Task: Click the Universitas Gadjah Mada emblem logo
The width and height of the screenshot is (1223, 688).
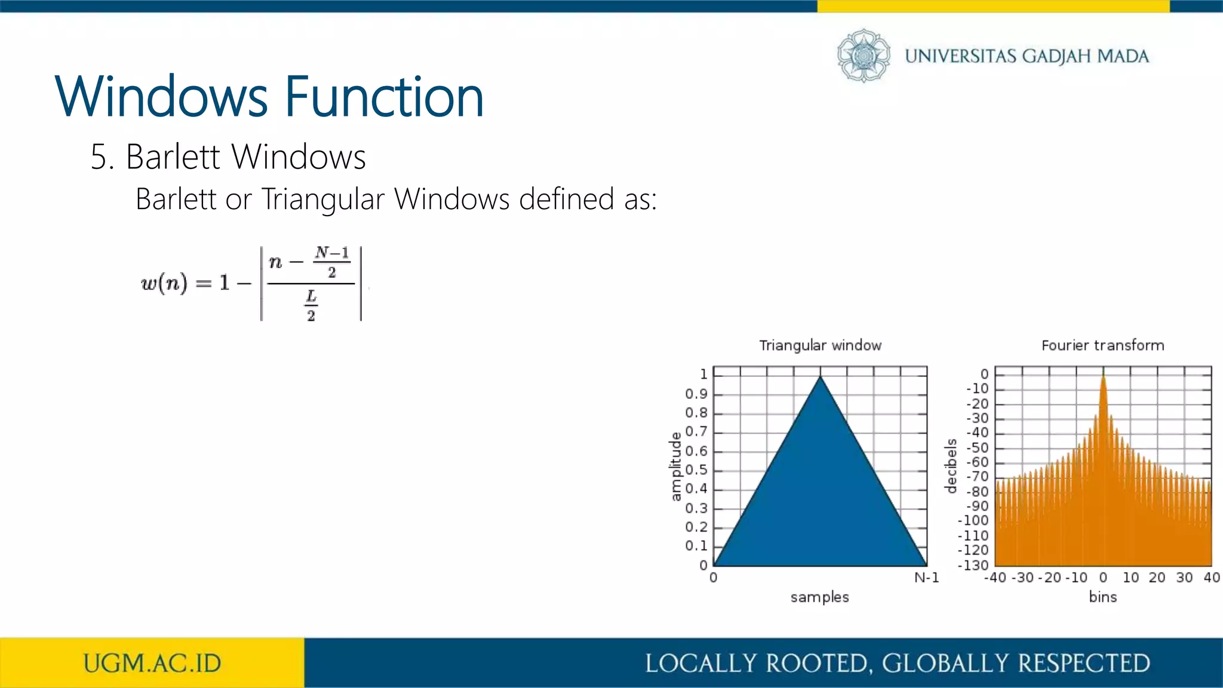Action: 863,56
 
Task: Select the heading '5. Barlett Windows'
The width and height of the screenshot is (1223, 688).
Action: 228,157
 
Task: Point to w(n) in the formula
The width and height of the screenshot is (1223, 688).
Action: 164,282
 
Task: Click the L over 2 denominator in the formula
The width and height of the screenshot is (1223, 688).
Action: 311,305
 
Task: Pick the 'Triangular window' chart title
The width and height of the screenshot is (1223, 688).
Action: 820,345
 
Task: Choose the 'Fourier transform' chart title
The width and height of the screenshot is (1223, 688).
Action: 1102,345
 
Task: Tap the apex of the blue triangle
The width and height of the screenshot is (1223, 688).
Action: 821,377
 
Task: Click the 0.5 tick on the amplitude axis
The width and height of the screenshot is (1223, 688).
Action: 696,470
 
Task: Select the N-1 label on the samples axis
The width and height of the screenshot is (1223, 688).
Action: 926,578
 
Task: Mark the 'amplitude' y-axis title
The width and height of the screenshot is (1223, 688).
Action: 675,466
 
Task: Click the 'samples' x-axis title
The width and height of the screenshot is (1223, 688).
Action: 819,597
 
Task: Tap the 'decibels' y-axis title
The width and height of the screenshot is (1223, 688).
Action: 951,466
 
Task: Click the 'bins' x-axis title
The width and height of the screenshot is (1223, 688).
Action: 1102,597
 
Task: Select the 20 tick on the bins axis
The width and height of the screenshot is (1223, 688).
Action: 1157,578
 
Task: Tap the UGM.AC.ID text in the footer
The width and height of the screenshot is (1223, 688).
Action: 152,664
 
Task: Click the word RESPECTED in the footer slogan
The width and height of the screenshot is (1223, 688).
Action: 1084,664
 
